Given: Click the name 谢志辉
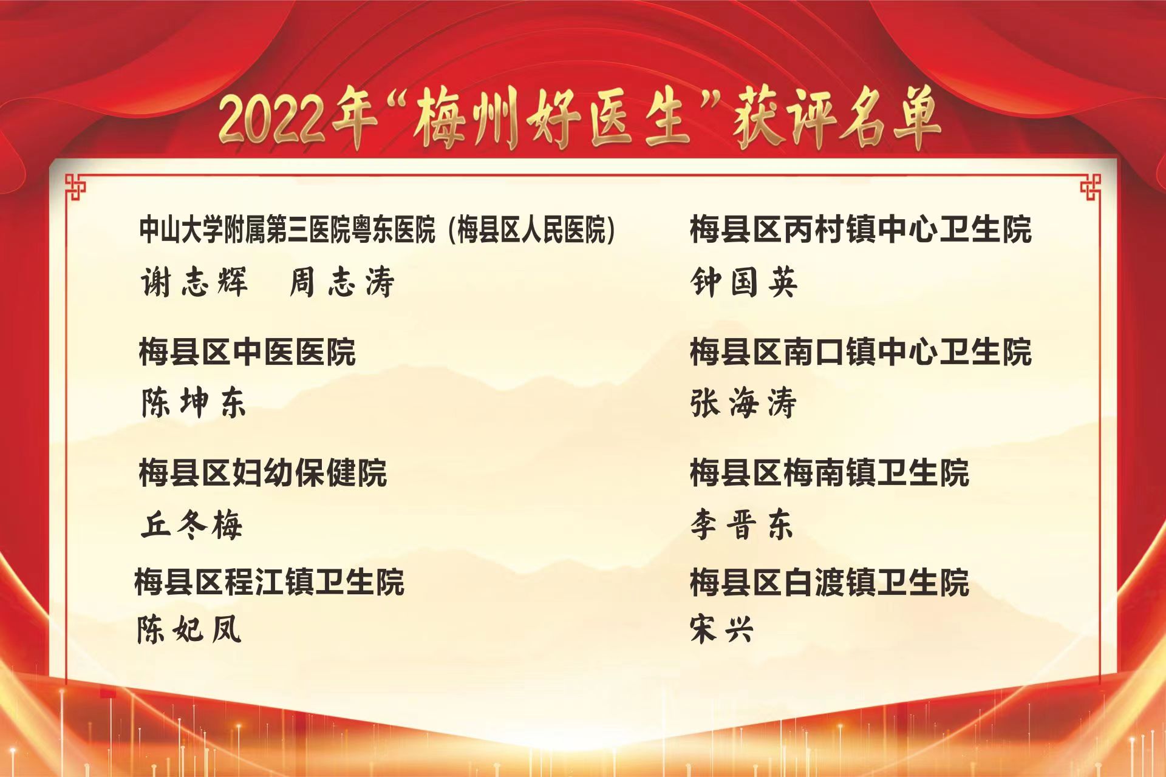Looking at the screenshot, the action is point(194,282).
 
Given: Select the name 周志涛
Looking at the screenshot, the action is point(342,282).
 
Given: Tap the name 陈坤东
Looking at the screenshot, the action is point(194,403).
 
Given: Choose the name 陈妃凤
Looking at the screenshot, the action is point(189,629).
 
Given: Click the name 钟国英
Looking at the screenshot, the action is point(744,282).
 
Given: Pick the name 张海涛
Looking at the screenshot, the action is point(743,403).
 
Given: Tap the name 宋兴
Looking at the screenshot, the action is point(721,629).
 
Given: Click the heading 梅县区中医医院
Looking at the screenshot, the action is point(247,352).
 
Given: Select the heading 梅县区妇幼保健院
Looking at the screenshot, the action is point(263,473).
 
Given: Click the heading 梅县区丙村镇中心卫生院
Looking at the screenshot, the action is point(861,230).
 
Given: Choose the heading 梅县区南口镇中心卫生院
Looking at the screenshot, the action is point(861,352).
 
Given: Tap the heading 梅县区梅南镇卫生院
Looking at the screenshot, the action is point(830,473).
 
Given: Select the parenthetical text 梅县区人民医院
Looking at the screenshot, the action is point(532,231).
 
